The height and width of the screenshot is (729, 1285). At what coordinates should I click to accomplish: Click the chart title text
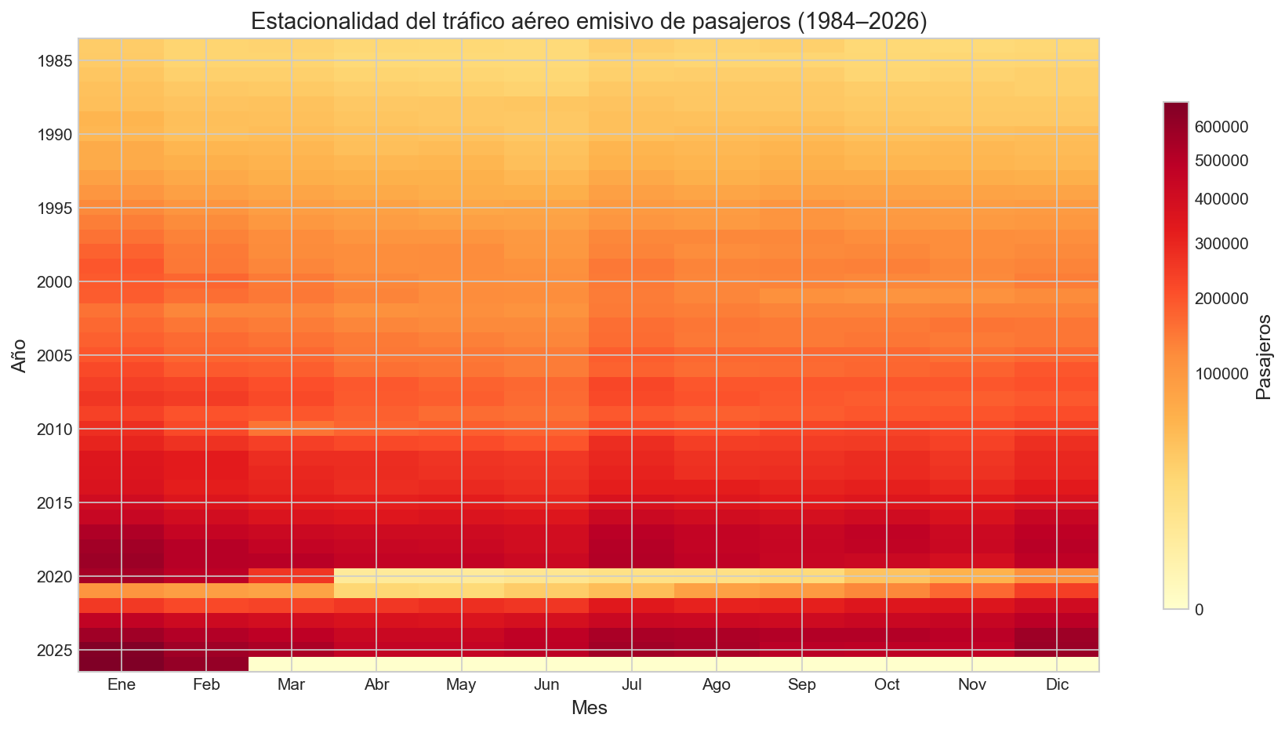(588, 21)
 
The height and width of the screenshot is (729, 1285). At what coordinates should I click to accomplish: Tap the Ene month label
(122, 685)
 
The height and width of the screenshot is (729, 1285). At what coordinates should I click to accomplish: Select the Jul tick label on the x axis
(631, 685)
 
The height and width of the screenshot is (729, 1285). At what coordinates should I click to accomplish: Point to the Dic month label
(1057, 685)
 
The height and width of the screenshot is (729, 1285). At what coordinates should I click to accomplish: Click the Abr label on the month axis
(376, 685)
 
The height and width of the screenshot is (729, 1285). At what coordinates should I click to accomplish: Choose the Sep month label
(801, 685)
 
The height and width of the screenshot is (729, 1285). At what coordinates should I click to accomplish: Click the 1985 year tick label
(55, 61)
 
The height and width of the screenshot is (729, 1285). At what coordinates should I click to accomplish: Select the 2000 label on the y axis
(55, 282)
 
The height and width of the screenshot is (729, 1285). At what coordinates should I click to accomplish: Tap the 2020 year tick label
(55, 577)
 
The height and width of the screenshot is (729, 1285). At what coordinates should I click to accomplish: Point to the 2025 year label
(55, 651)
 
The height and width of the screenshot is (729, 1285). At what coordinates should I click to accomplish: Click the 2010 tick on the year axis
(55, 430)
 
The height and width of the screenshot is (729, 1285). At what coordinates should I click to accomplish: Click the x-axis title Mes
(589, 709)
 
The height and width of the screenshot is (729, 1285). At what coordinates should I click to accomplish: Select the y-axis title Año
(19, 355)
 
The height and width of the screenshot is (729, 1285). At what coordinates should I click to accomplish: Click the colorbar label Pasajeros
(1262, 355)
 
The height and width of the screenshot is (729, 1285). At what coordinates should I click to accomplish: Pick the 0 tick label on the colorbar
(1199, 610)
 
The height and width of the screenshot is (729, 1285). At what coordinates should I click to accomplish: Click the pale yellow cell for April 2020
(376, 576)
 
